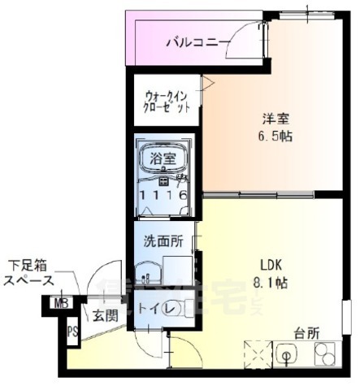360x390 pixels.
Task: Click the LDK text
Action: (271, 265)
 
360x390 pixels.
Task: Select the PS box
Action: (72, 331)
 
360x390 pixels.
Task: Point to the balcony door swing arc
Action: (241, 40)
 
